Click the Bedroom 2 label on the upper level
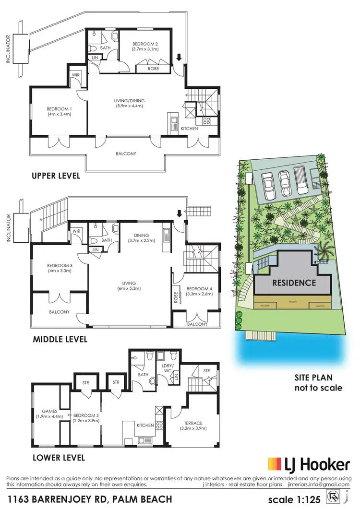(x=144, y=46)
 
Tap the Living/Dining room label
(x=129, y=103)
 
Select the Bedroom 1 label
(x=60, y=111)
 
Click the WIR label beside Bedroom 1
(x=76, y=75)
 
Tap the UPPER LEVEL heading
(x=56, y=176)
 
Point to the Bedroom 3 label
(x=60, y=268)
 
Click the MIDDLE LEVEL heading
(x=60, y=339)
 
